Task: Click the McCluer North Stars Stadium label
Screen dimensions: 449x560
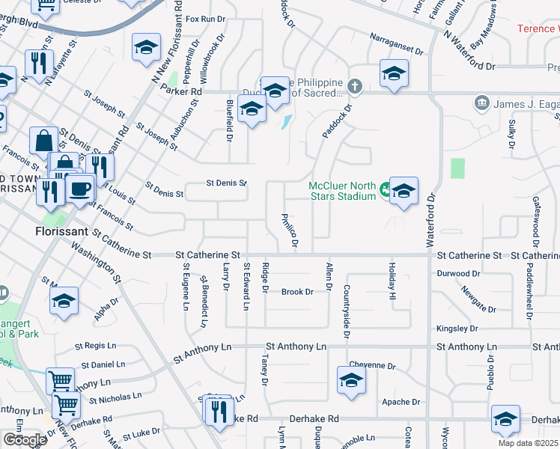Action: pyautogui.click(x=343, y=192)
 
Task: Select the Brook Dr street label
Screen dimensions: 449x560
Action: pyautogui.click(x=296, y=292)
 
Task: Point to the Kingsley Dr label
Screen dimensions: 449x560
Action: pyautogui.click(x=457, y=329)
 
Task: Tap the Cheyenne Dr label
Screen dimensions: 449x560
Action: pyautogui.click(x=371, y=366)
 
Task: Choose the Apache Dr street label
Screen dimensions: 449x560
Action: pyautogui.click(x=401, y=402)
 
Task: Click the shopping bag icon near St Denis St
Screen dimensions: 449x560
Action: pyautogui.click(x=43, y=140)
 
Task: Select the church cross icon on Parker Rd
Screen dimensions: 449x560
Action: pyautogui.click(x=354, y=87)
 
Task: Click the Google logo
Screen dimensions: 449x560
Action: pyautogui.click(x=25, y=440)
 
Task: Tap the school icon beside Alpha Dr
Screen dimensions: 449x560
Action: pyautogui.click(x=64, y=301)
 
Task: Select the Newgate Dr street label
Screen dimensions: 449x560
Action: pyautogui.click(x=479, y=299)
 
